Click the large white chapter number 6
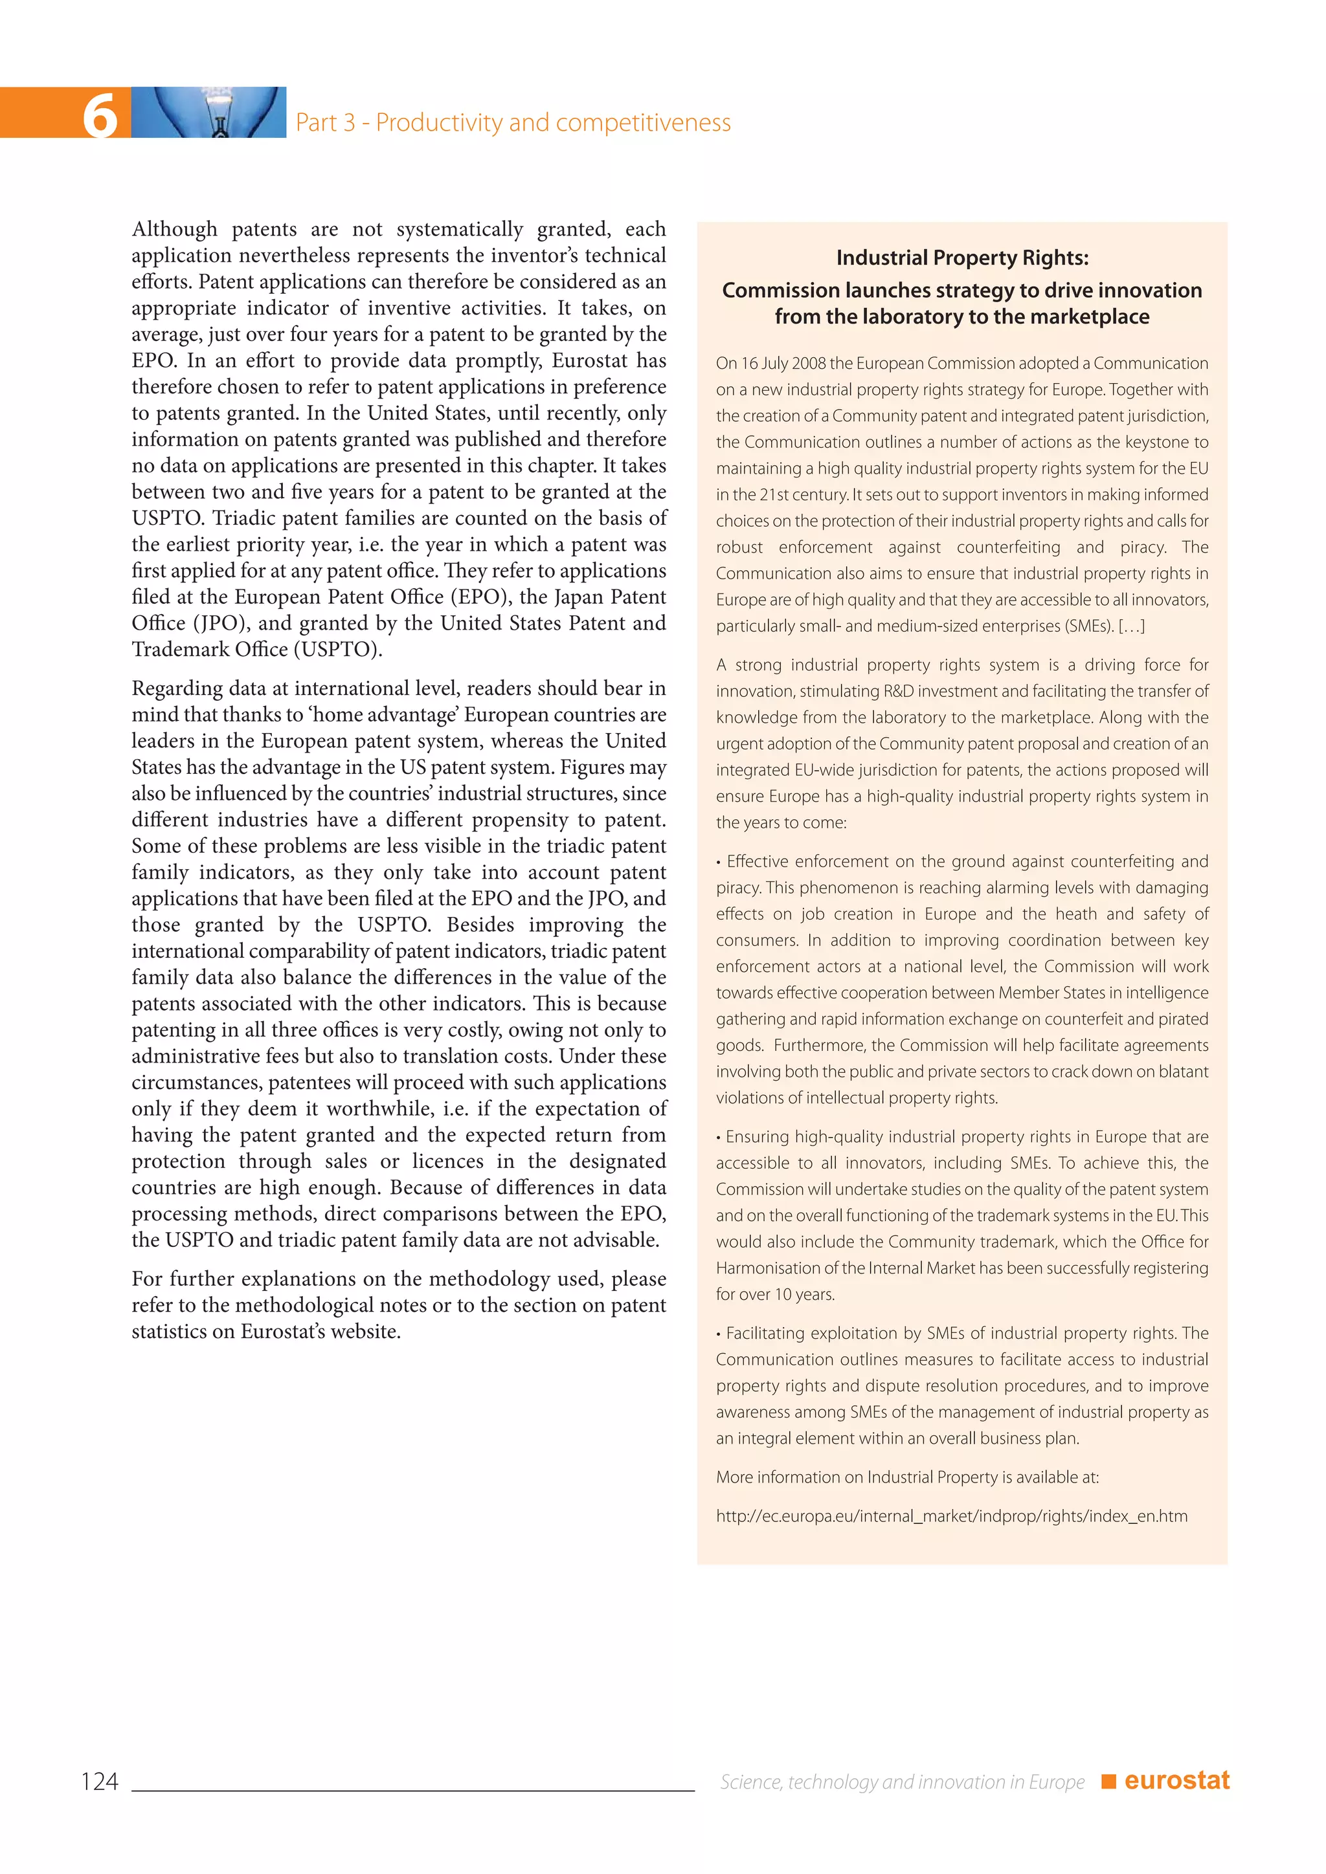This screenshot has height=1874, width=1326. click(100, 115)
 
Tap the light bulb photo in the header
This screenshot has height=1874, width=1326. click(208, 113)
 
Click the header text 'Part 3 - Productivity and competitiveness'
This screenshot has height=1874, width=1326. click(513, 122)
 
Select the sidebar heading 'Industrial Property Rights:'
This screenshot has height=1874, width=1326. click(962, 258)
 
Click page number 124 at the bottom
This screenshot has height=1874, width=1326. click(100, 1781)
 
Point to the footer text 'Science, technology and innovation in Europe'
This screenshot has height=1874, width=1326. click(901, 1781)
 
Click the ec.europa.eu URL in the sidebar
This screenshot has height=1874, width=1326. click(951, 1516)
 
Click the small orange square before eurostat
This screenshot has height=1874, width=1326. click(1108, 1781)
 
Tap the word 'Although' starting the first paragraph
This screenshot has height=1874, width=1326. click(175, 229)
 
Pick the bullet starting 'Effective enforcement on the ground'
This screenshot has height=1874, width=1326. click(962, 862)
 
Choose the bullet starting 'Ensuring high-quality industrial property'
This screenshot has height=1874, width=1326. click(962, 1137)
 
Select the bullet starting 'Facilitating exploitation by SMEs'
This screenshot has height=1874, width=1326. click(962, 1334)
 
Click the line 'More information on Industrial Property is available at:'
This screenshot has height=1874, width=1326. click(907, 1477)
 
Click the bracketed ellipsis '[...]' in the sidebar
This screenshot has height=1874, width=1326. click(1131, 626)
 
